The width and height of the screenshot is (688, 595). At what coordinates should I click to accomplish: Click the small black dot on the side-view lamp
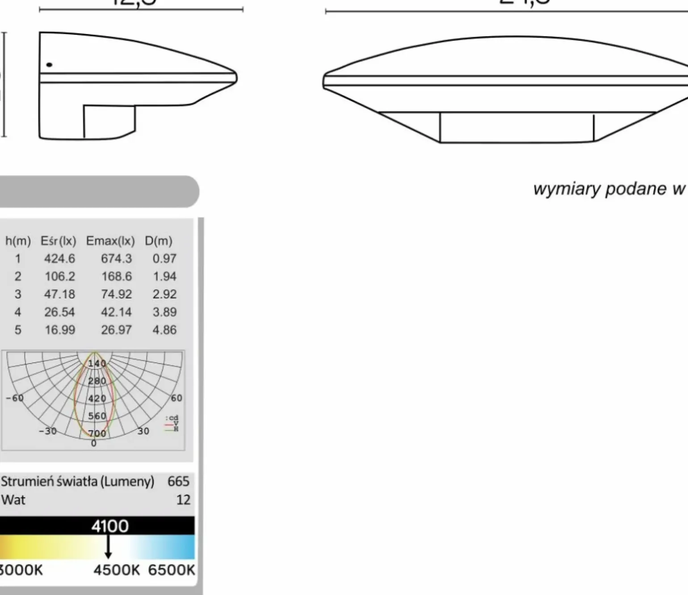[x=49, y=65]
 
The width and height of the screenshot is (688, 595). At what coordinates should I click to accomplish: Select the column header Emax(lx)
[x=110, y=241]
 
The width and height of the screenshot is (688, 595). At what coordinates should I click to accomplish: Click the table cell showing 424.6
[x=59, y=259]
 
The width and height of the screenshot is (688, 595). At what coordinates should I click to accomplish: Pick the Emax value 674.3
[x=116, y=259]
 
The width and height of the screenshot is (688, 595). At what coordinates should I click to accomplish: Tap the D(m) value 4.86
[x=164, y=330]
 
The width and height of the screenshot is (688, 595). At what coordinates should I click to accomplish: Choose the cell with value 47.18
[x=59, y=294]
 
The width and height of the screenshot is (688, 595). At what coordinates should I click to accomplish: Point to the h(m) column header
[x=18, y=241]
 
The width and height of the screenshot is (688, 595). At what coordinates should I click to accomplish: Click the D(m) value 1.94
[x=164, y=277]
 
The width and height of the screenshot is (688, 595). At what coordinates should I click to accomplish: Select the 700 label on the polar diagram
[x=97, y=433]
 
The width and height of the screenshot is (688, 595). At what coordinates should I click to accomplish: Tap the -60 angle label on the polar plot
[x=14, y=398]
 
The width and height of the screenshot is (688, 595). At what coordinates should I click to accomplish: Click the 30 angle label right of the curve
[x=143, y=431]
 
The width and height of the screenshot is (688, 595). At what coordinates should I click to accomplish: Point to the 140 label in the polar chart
[x=96, y=364]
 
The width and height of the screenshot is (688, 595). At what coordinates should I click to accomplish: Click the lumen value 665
[x=178, y=482]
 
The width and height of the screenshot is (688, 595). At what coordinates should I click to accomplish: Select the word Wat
[x=13, y=500]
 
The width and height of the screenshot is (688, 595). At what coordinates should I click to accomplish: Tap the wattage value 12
[x=183, y=500]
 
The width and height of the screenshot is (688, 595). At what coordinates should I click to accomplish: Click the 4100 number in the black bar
[x=110, y=526]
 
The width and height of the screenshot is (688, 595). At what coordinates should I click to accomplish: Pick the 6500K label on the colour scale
[x=172, y=570]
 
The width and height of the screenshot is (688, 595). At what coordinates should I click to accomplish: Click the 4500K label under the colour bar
[x=117, y=570]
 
